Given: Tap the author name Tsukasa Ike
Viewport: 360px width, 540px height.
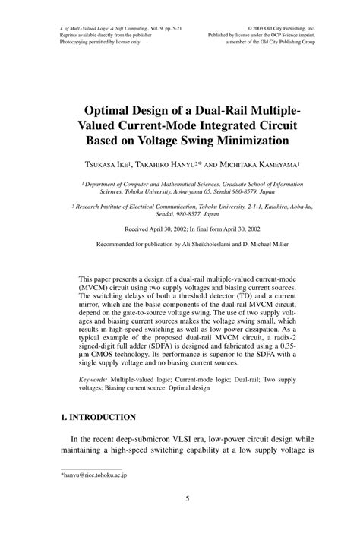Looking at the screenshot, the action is pos(117,163).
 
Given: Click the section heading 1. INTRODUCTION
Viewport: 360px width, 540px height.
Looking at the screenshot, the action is pos(98,417).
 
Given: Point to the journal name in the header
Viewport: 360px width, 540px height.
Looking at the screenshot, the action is pos(99,28).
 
